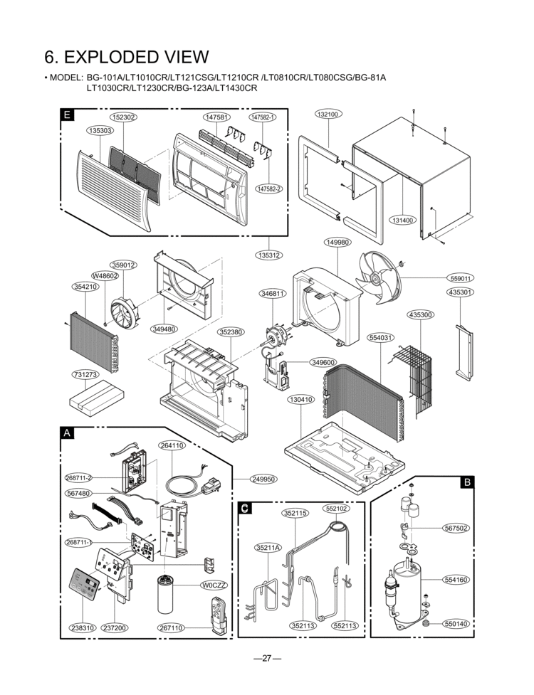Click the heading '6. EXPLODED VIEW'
[x=127, y=57]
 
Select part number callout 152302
[x=123, y=117]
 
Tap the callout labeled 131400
[x=402, y=221]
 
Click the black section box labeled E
[x=67, y=115]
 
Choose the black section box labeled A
[x=67, y=433]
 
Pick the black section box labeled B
[x=467, y=482]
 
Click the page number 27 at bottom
[x=267, y=658]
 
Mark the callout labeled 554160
[x=456, y=580]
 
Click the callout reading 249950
[x=263, y=479]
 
